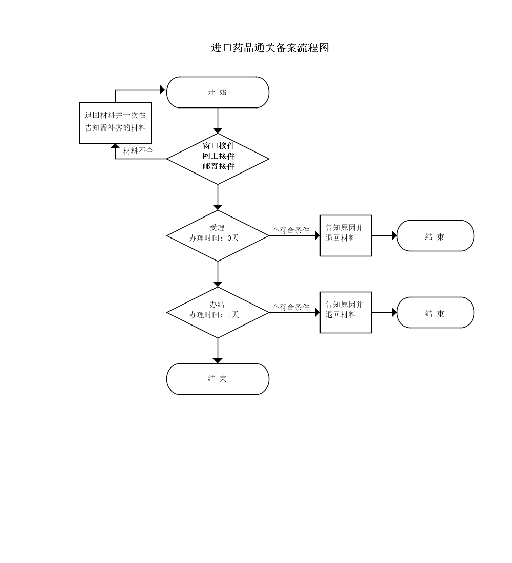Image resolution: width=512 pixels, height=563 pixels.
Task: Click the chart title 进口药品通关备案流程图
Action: point(270,48)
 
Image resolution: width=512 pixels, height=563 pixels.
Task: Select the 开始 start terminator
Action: point(218,92)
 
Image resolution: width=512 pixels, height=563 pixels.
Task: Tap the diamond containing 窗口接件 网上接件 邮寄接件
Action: point(218,159)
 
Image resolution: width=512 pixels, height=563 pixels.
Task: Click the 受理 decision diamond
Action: point(218,228)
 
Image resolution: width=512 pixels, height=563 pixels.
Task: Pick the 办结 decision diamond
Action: point(218,305)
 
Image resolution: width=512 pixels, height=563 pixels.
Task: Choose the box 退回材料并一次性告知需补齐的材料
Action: point(115,123)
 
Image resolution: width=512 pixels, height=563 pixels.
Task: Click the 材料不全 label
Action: point(138,151)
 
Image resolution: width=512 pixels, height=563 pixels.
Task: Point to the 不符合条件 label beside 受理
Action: point(290,230)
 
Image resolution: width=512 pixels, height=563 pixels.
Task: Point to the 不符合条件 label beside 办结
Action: point(290,307)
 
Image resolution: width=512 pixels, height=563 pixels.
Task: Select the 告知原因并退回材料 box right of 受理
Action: point(346,235)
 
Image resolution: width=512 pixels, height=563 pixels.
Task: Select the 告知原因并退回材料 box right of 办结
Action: point(346,312)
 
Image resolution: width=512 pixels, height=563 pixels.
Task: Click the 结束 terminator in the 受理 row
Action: point(435,236)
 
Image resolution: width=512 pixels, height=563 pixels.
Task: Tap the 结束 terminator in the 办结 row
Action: point(435,313)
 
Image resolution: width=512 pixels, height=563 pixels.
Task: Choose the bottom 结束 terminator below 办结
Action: point(218,379)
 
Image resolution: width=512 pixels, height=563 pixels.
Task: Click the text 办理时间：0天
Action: point(214,238)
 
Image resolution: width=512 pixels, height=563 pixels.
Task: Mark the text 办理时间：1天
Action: point(214,315)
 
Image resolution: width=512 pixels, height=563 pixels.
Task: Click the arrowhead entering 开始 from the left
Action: point(163,90)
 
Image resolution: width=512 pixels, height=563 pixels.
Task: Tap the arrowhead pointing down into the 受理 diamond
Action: point(218,207)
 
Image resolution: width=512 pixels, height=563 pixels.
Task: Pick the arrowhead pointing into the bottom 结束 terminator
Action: point(218,361)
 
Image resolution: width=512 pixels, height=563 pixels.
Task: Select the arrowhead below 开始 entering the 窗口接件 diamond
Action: point(218,131)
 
